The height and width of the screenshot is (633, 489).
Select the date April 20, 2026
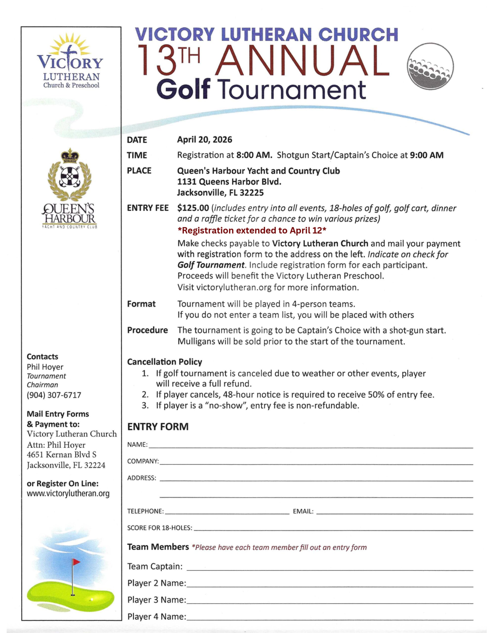[x=205, y=140]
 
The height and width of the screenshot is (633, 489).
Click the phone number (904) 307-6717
[x=54, y=395]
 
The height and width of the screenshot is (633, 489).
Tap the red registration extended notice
[x=252, y=230]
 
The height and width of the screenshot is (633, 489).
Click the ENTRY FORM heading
[x=158, y=427]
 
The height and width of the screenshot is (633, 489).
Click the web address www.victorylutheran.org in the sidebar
[x=68, y=493]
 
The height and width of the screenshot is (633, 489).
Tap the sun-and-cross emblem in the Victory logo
[x=69, y=48]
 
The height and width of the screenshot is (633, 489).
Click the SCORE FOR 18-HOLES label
[x=159, y=528]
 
